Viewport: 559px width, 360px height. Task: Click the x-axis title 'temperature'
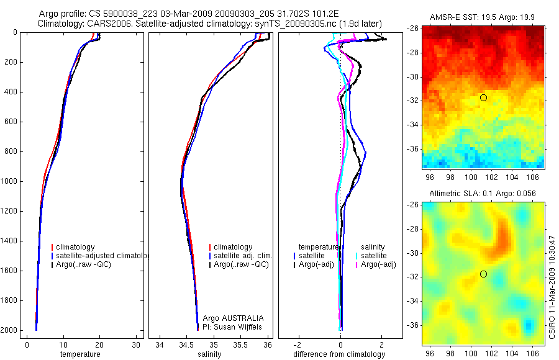coord(80,354)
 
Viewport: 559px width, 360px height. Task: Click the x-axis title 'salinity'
coord(208,354)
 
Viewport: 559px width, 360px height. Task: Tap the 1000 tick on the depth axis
coord(9,182)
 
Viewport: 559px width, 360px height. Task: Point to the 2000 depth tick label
coord(9,330)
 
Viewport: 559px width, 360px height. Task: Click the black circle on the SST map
coord(483,97)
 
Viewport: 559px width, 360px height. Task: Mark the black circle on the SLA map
coord(483,274)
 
